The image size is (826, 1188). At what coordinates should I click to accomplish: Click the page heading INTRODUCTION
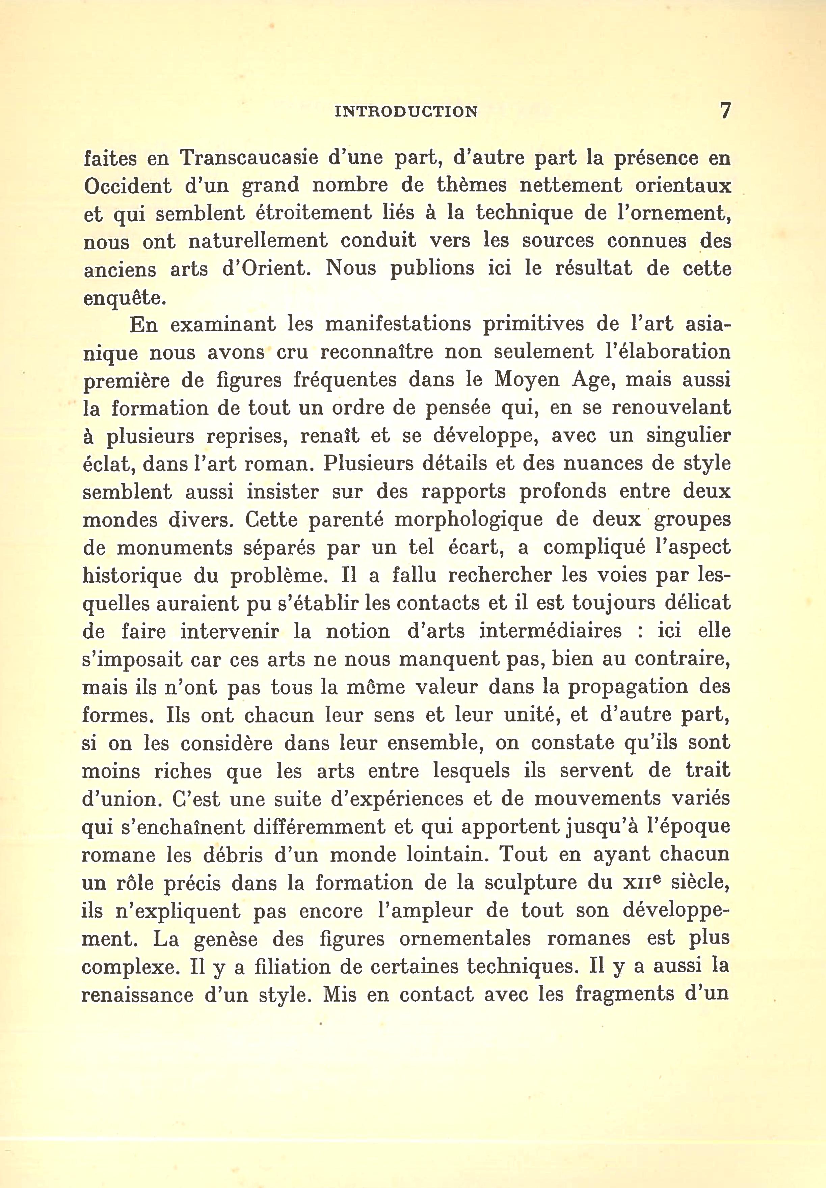coord(406,112)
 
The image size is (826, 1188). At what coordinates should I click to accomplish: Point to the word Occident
coord(127,186)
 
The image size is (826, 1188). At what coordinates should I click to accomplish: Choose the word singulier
coord(688,436)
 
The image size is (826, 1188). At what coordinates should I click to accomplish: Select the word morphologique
coord(468,520)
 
